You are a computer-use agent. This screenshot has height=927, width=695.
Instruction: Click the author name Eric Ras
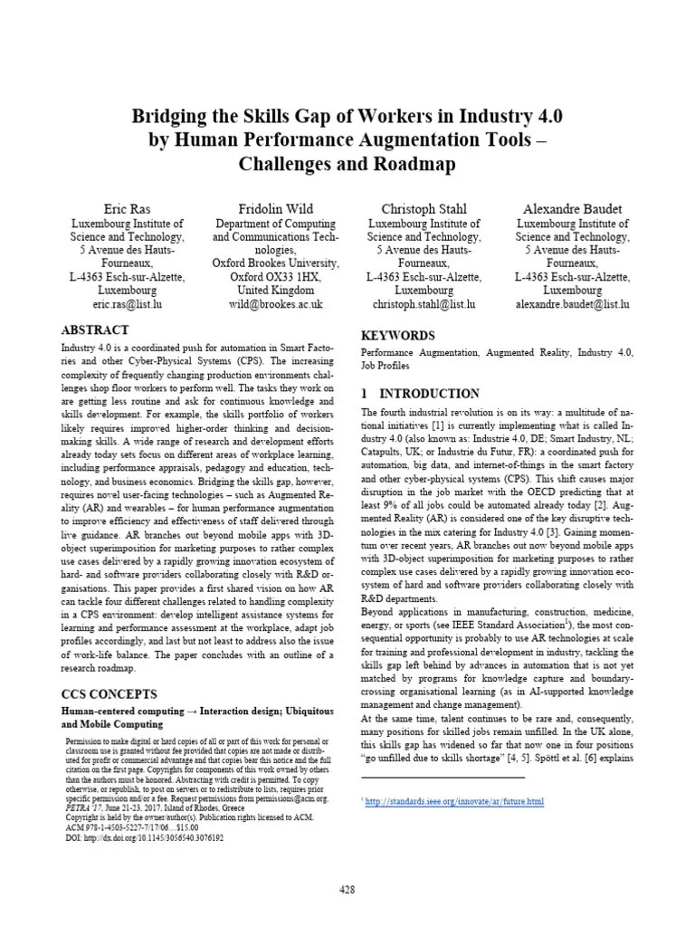click(128, 209)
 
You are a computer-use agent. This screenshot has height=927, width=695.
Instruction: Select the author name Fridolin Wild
click(276, 209)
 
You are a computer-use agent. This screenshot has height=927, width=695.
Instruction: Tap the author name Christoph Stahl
click(424, 209)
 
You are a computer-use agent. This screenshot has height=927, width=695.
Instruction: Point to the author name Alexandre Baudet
click(573, 209)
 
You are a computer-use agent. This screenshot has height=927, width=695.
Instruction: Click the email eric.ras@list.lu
click(128, 305)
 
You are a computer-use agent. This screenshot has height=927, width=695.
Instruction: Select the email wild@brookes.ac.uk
click(276, 305)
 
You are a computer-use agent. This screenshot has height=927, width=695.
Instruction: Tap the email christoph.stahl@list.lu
click(424, 305)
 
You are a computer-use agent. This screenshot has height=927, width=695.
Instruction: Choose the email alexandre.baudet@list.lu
click(573, 305)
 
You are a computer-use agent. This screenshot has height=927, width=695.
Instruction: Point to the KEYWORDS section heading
click(398, 336)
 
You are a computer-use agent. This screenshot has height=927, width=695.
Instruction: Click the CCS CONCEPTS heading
click(109, 694)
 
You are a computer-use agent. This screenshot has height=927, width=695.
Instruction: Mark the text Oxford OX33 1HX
click(276, 277)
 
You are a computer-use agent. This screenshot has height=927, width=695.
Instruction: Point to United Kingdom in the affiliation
click(276, 291)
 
